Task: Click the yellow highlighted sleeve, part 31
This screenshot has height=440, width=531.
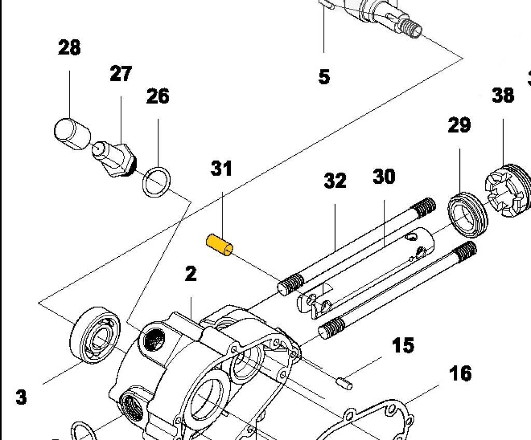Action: (220, 245)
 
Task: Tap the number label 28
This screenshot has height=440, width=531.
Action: (69, 48)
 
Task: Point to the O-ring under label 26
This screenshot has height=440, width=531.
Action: (157, 182)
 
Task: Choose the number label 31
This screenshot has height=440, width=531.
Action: (221, 169)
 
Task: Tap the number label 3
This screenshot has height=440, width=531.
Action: (21, 397)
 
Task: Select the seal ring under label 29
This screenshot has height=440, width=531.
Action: (468, 212)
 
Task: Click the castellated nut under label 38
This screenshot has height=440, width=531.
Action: (508, 192)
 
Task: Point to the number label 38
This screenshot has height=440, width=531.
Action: (502, 95)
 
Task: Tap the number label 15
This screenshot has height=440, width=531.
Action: (403, 345)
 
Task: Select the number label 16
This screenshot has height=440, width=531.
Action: (460, 373)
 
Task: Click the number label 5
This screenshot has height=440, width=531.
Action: (324, 77)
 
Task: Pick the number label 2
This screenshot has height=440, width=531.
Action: (191, 274)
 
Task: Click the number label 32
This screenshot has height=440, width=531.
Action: (335, 181)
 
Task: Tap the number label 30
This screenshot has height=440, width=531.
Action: (384, 177)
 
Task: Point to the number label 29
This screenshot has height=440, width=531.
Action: (459, 125)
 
